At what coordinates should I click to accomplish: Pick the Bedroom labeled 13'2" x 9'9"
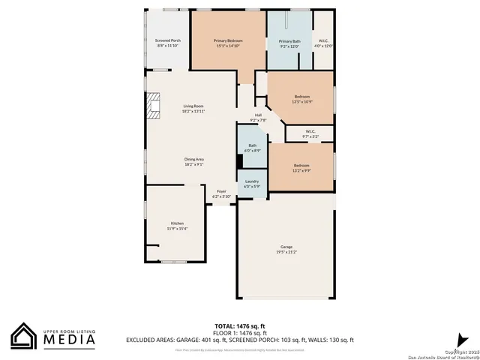(x=301, y=167)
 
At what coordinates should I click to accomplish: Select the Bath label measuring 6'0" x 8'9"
(x=252, y=148)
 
